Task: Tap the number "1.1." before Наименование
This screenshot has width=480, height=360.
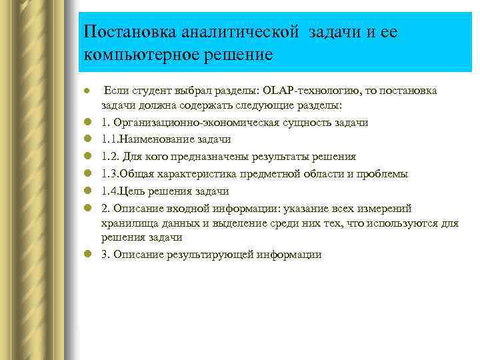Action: coord(111,140)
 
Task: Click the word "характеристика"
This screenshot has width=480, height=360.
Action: coord(206,173)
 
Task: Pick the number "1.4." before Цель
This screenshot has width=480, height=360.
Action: coord(111,191)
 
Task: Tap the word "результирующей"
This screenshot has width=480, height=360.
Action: coord(211,255)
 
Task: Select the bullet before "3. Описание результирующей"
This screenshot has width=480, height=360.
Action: coord(87,255)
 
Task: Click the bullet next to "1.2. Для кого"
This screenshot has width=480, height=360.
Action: coord(87,157)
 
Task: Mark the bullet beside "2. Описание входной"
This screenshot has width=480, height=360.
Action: coord(87,208)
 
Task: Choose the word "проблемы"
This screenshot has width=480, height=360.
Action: coord(383,173)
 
